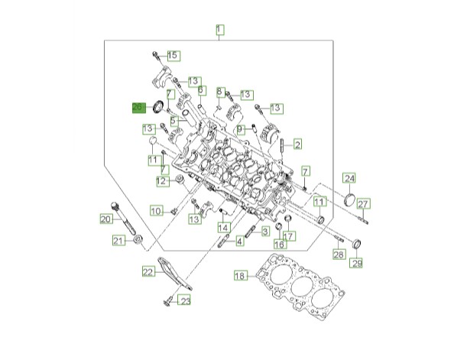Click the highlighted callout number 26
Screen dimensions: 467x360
tap(139, 108)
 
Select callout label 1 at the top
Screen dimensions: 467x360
tap(220, 30)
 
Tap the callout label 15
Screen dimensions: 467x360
tap(174, 56)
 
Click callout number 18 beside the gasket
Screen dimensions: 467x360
tap(241, 276)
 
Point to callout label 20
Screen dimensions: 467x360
tap(106, 219)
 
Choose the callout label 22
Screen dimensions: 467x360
tap(148, 271)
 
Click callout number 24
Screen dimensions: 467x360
tap(349, 178)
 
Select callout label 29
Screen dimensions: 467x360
tap(356, 263)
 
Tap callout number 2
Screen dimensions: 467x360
tap(297, 144)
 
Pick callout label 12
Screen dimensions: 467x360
tap(164, 181)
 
